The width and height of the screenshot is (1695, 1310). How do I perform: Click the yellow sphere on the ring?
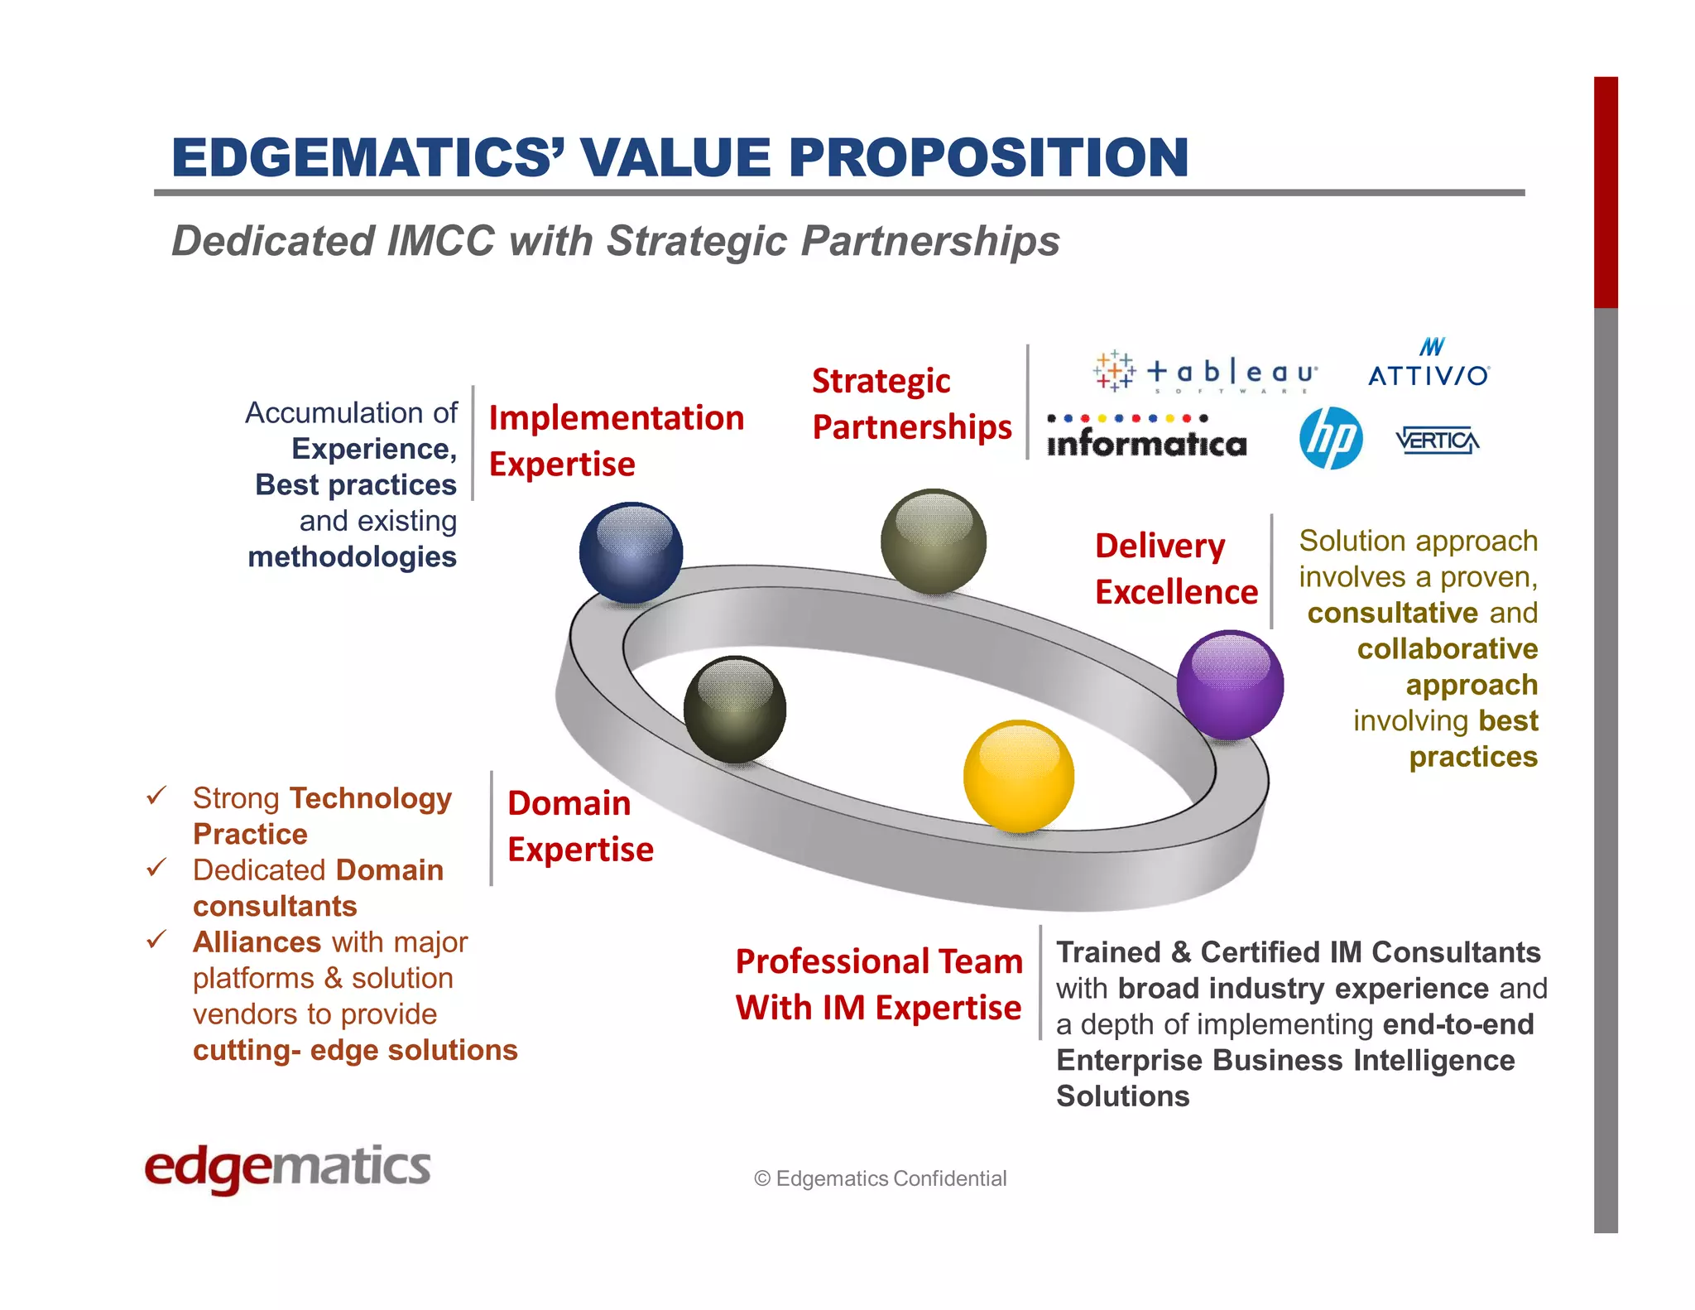pos(1019,776)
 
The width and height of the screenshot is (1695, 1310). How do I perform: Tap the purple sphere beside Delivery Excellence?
pos(1230,685)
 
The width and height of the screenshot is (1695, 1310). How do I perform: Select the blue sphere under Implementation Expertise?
pos(631,552)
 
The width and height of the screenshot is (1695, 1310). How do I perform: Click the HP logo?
pos(1331,438)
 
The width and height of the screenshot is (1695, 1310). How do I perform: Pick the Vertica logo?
pos(1438,440)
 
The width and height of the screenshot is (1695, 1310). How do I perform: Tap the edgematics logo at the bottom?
pos(287,1168)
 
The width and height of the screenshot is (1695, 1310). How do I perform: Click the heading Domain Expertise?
pos(580,826)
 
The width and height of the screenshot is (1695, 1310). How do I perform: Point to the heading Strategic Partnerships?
pos(910,404)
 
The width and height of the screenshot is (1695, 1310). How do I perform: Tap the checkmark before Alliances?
pos(156,940)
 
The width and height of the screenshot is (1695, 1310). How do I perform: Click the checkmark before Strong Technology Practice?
pos(156,796)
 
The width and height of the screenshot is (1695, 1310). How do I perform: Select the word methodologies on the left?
pos(352,556)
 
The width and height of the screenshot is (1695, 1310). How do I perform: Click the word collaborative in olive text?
pos(1447,648)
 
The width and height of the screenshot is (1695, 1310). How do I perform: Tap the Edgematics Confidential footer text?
pos(880,1178)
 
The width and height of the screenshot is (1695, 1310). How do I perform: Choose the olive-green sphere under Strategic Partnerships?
pos(934,542)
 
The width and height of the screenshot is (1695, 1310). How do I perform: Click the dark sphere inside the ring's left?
pos(734,710)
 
